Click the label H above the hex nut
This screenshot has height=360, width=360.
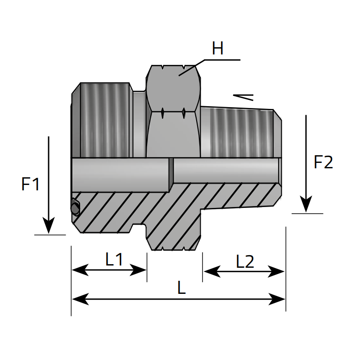coord(217,49)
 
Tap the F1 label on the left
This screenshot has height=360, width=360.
coord(31,184)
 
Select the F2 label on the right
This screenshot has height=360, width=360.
coord(323,162)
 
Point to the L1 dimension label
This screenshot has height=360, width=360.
coord(114,259)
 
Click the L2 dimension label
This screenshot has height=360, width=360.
coord(245,261)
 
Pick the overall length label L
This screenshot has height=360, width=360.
coord(181,288)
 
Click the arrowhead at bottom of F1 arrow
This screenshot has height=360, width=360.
coord(49,225)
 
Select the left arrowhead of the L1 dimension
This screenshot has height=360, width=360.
coord(80,270)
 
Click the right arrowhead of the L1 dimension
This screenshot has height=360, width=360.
coord(138,270)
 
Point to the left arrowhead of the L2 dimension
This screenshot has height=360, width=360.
coord(212,272)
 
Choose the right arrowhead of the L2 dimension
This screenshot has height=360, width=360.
coord(276,272)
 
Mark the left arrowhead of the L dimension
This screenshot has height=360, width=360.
coord(81,299)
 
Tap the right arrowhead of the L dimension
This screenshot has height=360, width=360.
coord(277,299)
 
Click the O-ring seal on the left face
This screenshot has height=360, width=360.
coord(75,207)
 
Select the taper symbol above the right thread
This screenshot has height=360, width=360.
coord(243,97)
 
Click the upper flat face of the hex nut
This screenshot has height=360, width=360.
coord(173,88)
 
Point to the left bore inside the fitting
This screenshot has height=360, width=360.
coord(121,175)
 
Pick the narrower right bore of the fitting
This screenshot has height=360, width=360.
coord(226,171)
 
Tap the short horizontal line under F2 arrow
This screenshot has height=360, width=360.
coord(307,213)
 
